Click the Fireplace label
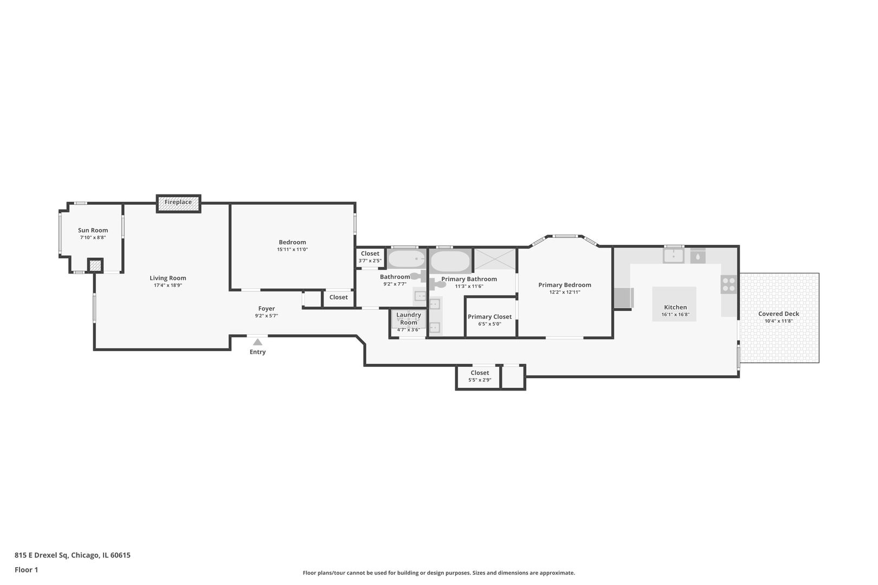point(178,202)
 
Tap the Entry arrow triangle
point(257,342)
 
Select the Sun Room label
point(93,230)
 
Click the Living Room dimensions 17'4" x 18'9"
point(168,285)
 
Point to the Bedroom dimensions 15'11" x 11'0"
point(293,250)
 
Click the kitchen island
point(674,304)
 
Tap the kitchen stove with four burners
point(728,284)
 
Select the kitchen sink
point(673,256)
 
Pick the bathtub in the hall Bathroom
point(406,259)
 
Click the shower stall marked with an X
point(495,259)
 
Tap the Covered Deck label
point(778,314)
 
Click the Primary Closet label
point(489,316)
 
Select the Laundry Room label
point(409,318)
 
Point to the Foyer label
point(267,309)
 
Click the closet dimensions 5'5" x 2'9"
point(480,380)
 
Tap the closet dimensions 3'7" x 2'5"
point(370,261)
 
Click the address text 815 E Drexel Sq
point(41,555)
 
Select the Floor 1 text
point(26,570)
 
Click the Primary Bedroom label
point(565,285)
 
